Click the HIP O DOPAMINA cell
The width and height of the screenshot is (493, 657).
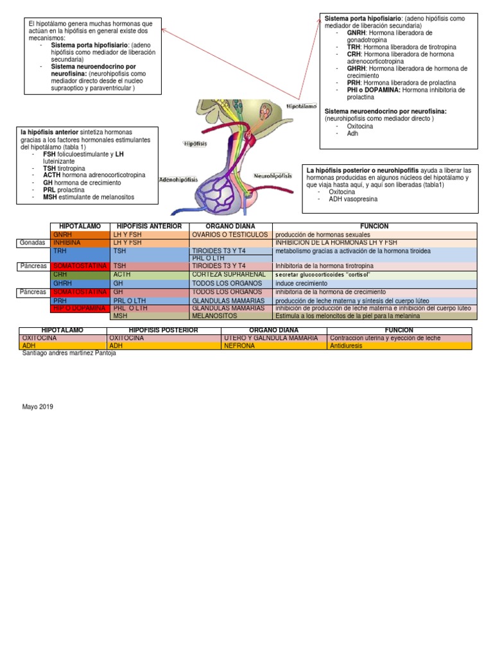79,308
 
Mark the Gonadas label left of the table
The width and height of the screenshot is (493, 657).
32,243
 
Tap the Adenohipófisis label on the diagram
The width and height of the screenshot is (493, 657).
178,180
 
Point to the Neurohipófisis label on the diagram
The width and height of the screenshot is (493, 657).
273,175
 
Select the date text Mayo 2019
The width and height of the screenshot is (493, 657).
38,407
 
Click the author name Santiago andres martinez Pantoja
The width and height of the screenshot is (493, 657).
69,354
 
